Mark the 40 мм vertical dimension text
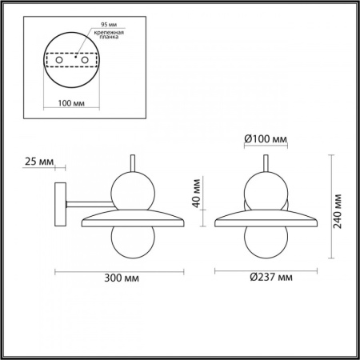[x=201, y=192]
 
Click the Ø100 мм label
[x=265, y=141]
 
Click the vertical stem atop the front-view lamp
[x=264, y=162]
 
